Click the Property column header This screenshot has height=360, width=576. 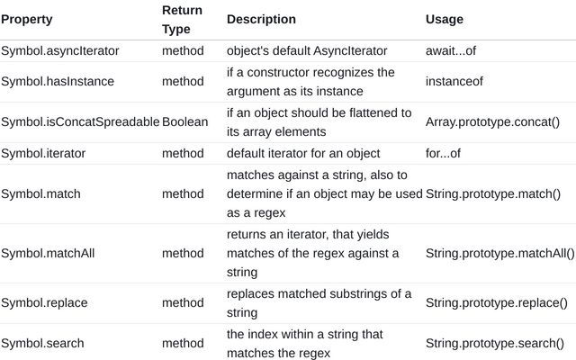click(x=27, y=20)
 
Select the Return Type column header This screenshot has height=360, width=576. click(x=182, y=20)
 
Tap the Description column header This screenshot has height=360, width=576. click(x=261, y=19)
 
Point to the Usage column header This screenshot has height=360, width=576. click(x=444, y=19)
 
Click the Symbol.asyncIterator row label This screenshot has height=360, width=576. click(x=60, y=50)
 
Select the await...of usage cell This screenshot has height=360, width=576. click(x=451, y=50)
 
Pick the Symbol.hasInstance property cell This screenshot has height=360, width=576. click(x=58, y=81)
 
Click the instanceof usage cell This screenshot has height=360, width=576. click(x=454, y=81)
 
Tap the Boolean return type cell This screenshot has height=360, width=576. click(x=184, y=121)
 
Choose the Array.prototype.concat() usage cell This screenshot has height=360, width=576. click(x=492, y=122)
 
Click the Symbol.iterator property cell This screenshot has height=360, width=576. click(x=43, y=153)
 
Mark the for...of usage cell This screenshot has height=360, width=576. click(x=443, y=153)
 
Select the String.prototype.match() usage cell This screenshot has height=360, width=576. click(x=493, y=194)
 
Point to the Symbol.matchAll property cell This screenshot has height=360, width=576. click(x=48, y=253)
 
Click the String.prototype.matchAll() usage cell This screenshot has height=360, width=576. click(x=500, y=254)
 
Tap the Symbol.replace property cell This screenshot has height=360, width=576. click(x=44, y=302)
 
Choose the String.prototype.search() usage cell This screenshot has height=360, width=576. click(x=495, y=343)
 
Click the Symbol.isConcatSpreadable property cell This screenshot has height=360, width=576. click(x=80, y=121)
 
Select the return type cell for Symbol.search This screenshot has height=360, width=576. click(x=183, y=343)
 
